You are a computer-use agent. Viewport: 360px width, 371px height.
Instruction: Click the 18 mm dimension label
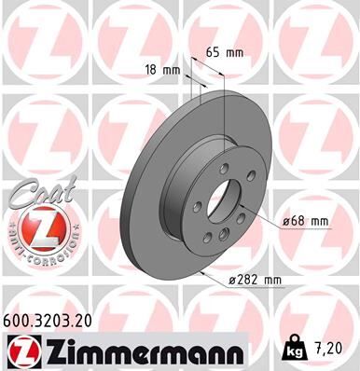click(x=163, y=69)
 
